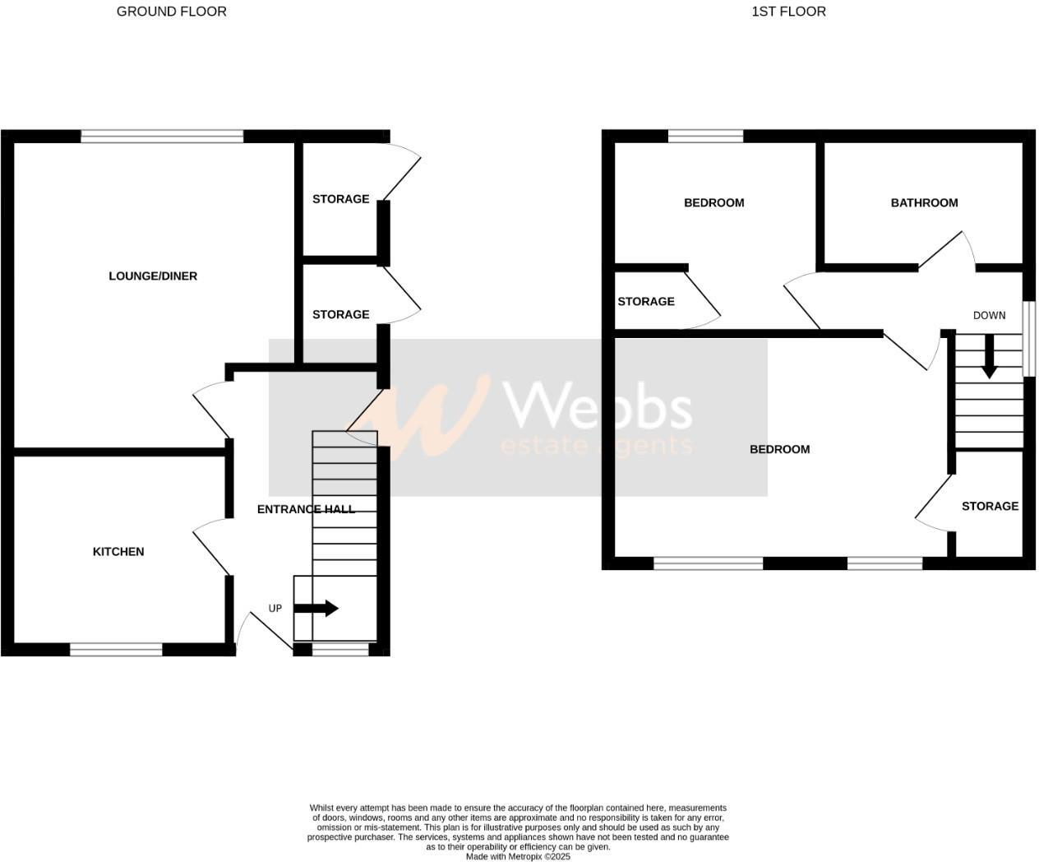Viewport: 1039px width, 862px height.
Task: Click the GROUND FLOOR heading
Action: (x=171, y=12)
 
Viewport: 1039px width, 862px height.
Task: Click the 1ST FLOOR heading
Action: (x=788, y=12)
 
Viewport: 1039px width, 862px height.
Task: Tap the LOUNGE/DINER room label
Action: (x=153, y=276)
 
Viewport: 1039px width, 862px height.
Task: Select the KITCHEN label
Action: (x=118, y=552)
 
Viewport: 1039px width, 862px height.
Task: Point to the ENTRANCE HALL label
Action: (x=306, y=509)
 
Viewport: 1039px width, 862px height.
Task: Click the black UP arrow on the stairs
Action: (x=316, y=609)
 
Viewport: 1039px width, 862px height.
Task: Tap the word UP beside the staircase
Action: (x=275, y=609)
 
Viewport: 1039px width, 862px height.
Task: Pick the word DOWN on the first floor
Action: (x=989, y=315)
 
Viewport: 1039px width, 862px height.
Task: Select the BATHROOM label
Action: (x=924, y=203)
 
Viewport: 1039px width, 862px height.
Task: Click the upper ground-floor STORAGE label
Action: (x=340, y=199)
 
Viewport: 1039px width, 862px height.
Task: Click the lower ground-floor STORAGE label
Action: (x=340, y=314)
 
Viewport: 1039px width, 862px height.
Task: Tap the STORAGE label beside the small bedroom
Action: (x=646, y=302)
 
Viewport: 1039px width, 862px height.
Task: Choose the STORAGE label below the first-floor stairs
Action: (x=990, y=506)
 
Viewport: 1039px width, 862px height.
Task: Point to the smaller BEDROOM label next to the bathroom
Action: (x=713, y=203)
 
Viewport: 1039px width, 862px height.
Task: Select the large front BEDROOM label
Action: (x=779, y=449)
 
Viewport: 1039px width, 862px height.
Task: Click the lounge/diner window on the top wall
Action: (x=162, y=137)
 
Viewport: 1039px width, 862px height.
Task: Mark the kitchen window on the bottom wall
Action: (x=116, y=650)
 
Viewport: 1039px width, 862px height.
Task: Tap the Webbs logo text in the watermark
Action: (x=597, y=406)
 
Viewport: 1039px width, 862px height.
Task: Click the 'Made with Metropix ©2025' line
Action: (x=518, y=856)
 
